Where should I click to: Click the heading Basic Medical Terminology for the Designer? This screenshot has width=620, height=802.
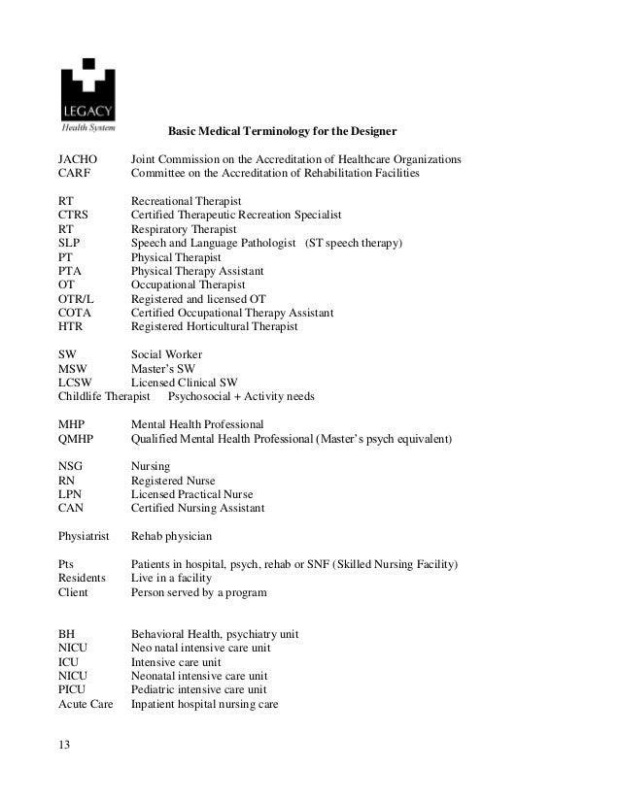(283, 130)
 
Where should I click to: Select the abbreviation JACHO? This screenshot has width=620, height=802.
(79, 159)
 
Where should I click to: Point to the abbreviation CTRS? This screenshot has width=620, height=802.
(75, 215)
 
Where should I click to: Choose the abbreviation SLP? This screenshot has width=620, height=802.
(70, 243)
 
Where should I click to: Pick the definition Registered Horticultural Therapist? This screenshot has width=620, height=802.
(215, 327)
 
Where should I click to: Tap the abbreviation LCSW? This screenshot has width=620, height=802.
(76, 384)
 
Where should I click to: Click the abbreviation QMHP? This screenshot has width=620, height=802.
(77, 440)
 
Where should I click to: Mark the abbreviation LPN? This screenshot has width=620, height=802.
(71, 495)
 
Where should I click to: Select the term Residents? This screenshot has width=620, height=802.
(83, 579)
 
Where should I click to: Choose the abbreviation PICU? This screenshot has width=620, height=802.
(73, 690)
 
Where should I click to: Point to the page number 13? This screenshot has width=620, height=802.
(65, 746)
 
